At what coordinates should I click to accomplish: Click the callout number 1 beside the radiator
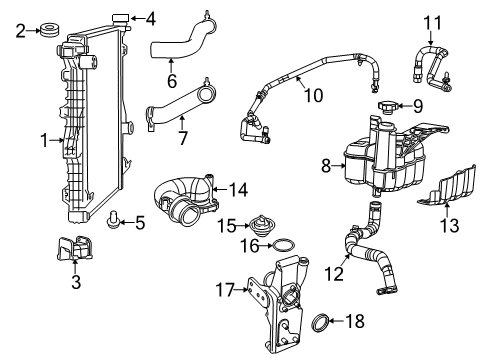[x=44, y=142]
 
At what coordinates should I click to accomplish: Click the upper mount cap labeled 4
[x=122, y=17]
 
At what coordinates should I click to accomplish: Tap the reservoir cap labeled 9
[x=387, y=106]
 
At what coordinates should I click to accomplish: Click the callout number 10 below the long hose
[x=313, y=96]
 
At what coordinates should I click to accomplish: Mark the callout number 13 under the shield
[x=450, y=225]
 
